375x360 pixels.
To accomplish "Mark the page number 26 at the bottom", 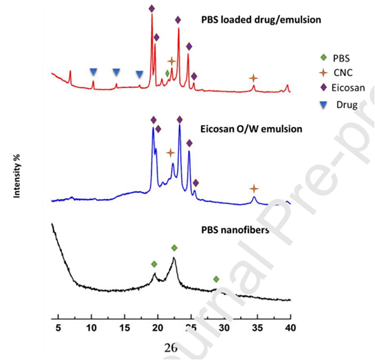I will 170,347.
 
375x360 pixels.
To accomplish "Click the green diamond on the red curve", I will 167,73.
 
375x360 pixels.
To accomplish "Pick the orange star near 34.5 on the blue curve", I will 254,189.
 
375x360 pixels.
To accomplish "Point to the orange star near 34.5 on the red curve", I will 254,78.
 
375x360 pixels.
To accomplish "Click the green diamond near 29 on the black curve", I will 216,279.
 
